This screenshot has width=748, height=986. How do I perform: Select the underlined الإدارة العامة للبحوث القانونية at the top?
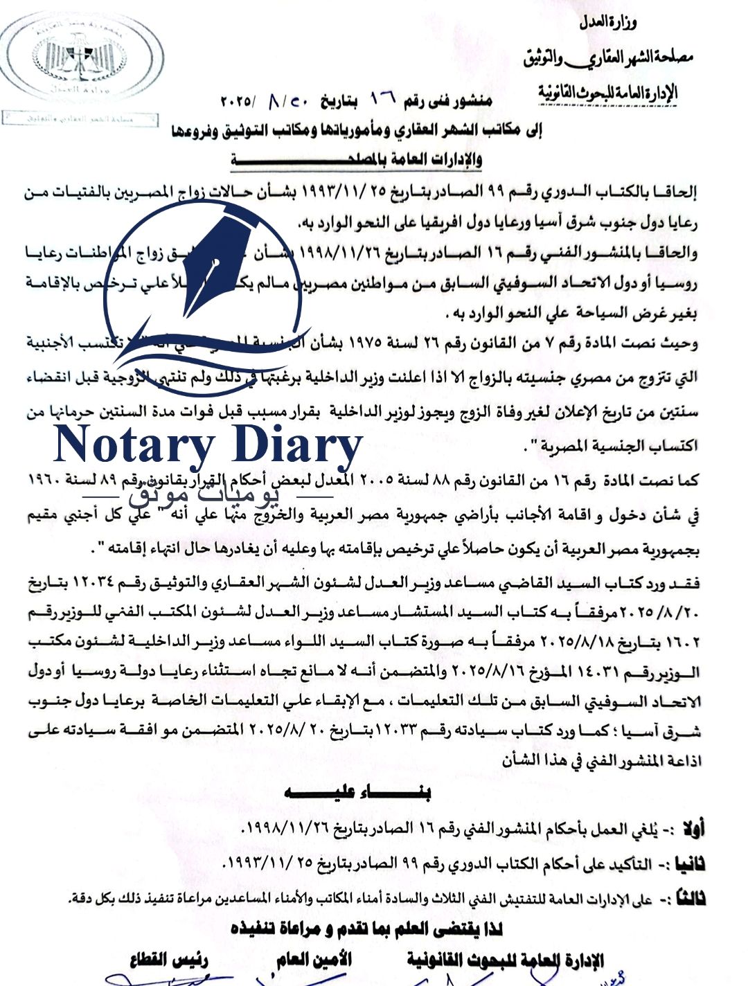608,92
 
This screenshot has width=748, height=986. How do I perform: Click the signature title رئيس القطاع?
169,960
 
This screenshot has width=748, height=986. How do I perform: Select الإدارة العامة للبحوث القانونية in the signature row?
505,960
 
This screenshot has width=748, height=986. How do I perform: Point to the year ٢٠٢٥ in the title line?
238,102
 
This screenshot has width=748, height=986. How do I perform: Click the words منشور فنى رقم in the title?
449,102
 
